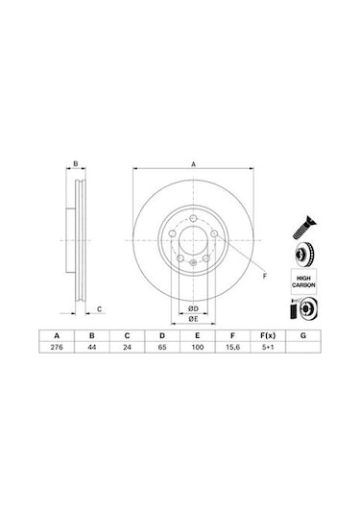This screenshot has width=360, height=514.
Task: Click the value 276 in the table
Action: tap(57, 347)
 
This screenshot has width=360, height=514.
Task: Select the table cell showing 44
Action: tap(92, 347)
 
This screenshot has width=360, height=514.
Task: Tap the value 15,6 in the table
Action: tap(232, 347)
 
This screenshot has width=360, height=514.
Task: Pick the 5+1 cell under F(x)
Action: tap(268, 347)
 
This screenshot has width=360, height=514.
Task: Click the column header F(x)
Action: tap(268, 335)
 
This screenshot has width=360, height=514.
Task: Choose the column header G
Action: tap(303, 335)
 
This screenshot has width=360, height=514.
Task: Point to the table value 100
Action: tap(198, 347)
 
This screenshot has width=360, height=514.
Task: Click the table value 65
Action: tap(162, 347)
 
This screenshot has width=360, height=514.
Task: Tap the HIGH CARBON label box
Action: tap(303, 281)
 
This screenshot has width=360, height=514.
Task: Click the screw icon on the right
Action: tap(304, 227)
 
